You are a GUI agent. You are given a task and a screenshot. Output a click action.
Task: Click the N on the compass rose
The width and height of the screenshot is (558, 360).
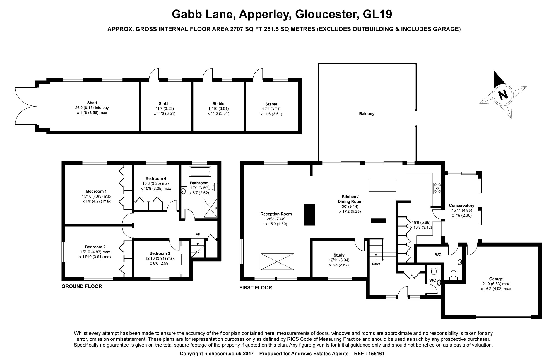(503, 95)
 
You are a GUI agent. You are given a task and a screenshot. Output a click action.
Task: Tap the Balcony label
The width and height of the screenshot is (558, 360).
(367, 114)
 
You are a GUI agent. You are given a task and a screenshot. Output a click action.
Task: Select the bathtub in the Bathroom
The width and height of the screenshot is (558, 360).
(200, 171)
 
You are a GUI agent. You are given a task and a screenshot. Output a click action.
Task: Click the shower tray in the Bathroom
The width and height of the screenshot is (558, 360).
(211, 208)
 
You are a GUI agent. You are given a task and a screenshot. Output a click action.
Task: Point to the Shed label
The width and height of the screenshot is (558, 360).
(92, 103)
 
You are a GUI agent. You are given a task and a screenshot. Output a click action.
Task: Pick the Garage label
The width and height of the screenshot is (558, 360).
(496, 279)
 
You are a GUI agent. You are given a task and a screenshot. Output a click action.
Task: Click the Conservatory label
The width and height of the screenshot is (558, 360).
(461, 206)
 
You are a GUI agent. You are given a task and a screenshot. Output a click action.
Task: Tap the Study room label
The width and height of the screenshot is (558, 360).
(339, 255)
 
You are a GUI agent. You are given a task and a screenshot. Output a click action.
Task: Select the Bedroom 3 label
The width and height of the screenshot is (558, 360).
(160, 253)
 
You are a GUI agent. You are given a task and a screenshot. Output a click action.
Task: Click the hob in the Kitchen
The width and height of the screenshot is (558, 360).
(437, 188)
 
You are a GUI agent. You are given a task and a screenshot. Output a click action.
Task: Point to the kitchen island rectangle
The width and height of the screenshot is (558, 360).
(382, 186)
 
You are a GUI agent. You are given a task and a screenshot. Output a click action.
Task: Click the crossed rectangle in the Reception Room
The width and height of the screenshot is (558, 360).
(277, 262)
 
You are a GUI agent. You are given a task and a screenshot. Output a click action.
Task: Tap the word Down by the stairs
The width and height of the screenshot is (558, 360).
(376, 264)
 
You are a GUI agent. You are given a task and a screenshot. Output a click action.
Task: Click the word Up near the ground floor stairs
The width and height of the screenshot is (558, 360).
(198, 234)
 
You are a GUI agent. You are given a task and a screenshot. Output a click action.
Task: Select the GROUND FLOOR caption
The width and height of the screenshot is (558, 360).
(82, 286)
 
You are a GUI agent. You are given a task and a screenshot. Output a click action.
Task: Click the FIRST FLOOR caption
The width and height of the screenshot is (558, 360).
(256, 288)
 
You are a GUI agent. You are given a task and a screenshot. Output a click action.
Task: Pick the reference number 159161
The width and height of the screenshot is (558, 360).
(377, 354)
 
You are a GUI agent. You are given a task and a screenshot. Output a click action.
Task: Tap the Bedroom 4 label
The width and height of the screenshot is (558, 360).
(156, 178)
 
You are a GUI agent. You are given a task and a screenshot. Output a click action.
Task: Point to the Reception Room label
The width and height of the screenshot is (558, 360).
(276, 214)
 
